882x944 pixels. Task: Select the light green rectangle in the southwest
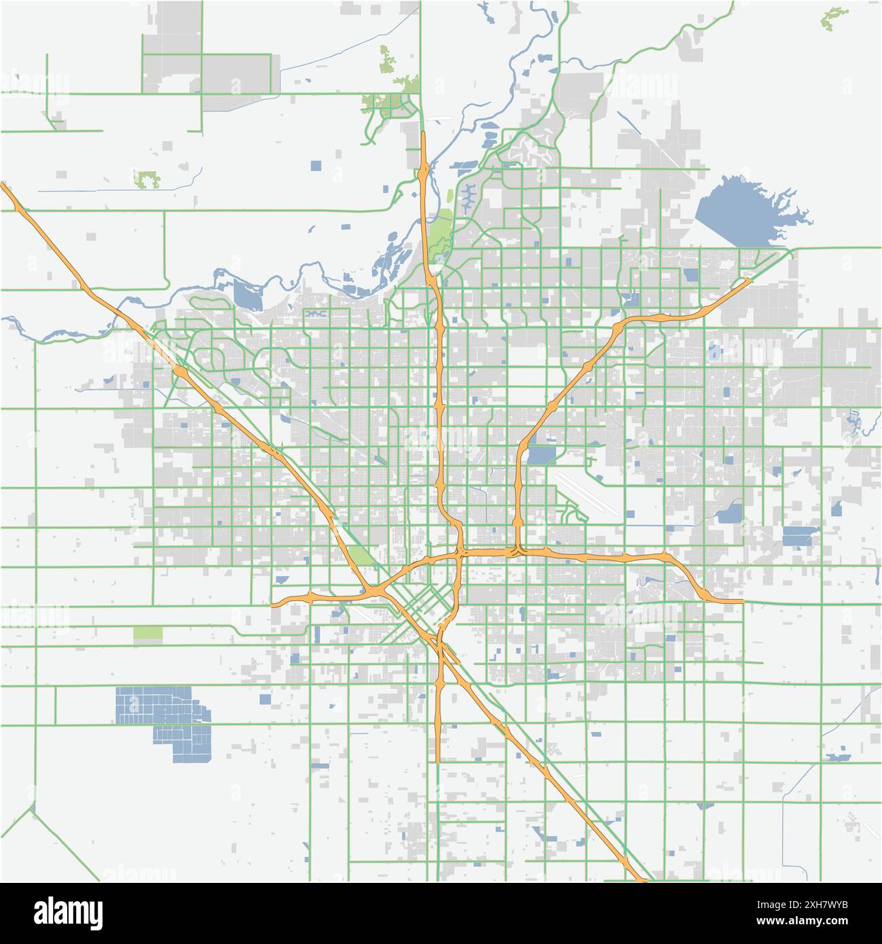[x=148, y=634]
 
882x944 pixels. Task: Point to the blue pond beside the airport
[x=540, y=455]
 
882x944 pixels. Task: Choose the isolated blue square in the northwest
[x=316, y=165]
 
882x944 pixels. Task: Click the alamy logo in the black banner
[x=68, y=912]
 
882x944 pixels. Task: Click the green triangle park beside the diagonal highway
[x=361, y=556]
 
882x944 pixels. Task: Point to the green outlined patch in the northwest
[x=145, y=180]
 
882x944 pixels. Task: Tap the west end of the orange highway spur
[x=273, y=603]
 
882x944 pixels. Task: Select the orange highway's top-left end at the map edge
[x=4, y=185]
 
